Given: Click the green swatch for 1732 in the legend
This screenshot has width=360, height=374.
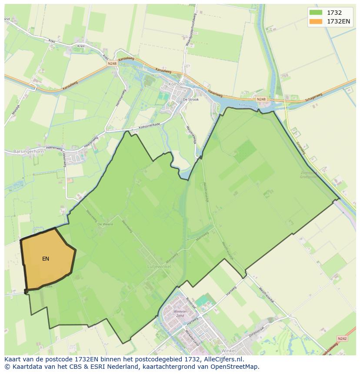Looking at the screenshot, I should point(316,13).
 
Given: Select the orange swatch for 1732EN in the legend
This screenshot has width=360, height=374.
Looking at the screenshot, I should point(316,21).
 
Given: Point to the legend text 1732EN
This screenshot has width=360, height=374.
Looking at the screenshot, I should point(339,21).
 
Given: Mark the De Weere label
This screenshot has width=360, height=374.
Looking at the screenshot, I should point(105,224).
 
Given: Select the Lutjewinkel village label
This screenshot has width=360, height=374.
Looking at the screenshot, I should point(159,266).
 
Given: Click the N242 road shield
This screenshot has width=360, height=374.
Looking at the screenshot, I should point(343,338).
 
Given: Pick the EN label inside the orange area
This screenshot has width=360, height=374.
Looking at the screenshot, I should point(46,259).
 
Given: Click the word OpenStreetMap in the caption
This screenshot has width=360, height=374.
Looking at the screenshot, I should point(236,367).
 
